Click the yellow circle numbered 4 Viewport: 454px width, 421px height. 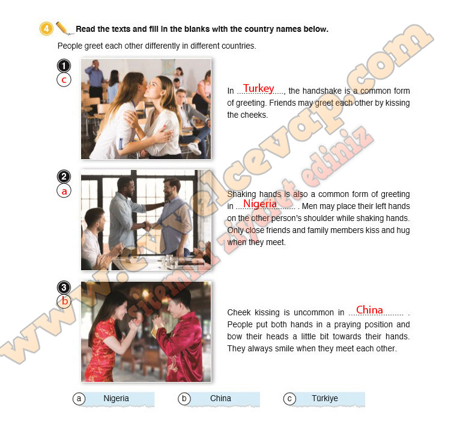click(46, 29)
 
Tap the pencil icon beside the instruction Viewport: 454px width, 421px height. click(64, 28)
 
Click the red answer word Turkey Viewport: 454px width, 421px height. click(259, 88)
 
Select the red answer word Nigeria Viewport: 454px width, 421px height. click(259, 204)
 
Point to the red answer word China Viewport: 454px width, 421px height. click(369, 310)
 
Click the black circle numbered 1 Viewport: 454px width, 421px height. click(64, 65)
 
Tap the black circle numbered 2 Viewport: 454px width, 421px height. click(64, 177)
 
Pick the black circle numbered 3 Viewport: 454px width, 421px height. click(64, 288)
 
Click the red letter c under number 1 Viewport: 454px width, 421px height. click(64, 80)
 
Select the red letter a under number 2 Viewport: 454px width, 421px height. click(64, 192)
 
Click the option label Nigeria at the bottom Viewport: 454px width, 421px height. click(116, 398)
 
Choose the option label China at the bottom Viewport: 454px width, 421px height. click(220, 398)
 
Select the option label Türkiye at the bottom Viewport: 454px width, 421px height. click(325, 398)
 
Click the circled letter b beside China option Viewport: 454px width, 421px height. click(184, 399)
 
